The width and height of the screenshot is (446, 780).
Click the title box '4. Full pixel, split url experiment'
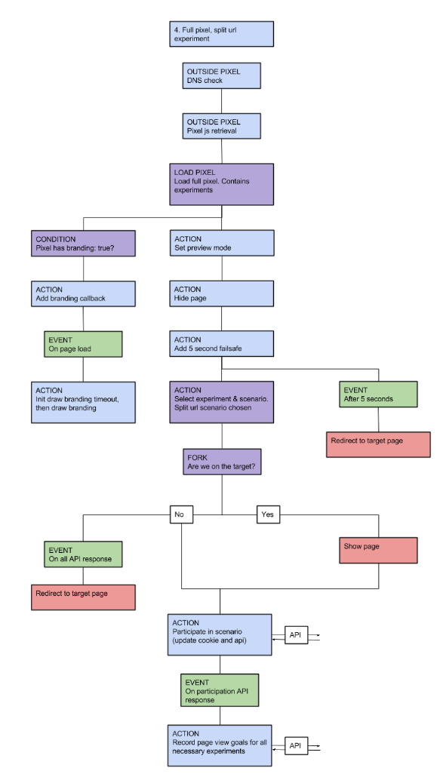pyautogui.click(x=222, y=34)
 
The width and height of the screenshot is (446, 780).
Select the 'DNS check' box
pyautogui.click(x=222, y=75)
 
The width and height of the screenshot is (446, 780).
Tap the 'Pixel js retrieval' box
pyautogui.click(x=222, y=126)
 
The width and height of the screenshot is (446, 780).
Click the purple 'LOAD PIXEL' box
pyautogui.click(x=222, y=184)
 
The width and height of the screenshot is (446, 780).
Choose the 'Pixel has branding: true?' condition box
pyautogui.click(x=83, y=243)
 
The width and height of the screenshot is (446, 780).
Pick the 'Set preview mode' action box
pyautogui.click(x=222, y=243)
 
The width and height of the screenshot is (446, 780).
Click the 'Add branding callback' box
pyautogui.click(x=83, y=293)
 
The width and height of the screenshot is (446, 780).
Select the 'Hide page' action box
pyautogui.click(x=222, y=293)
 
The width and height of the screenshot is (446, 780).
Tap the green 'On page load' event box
pyautogui.click(x=83, y=344)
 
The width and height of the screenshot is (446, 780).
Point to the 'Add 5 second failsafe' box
pyautogui.click(x=222, y=344)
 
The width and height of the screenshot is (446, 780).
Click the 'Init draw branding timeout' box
pyautogui.click(x=83, y=402)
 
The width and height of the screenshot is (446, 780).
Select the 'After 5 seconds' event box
pyautogui.click(x=378, y=395)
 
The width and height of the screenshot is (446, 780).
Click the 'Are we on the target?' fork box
pyautogui.click(x=222, y=462)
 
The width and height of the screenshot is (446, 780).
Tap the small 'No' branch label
pyautogui.click(x=182, y=514)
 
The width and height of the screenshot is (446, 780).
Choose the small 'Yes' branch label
pyautogui.click(x=269, y=514)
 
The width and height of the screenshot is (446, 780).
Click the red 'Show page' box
pyautogui.click(x=378, y=550)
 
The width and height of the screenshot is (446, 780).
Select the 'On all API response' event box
pyautogui.click(x=83, y=554)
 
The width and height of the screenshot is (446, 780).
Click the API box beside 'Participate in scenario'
pyautogui.click(x=296, y=635)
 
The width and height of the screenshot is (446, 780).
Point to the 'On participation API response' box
pyautogui.click(x=220, y=690)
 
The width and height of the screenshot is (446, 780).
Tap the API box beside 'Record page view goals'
pyautogui.click(x=296, y=745)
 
